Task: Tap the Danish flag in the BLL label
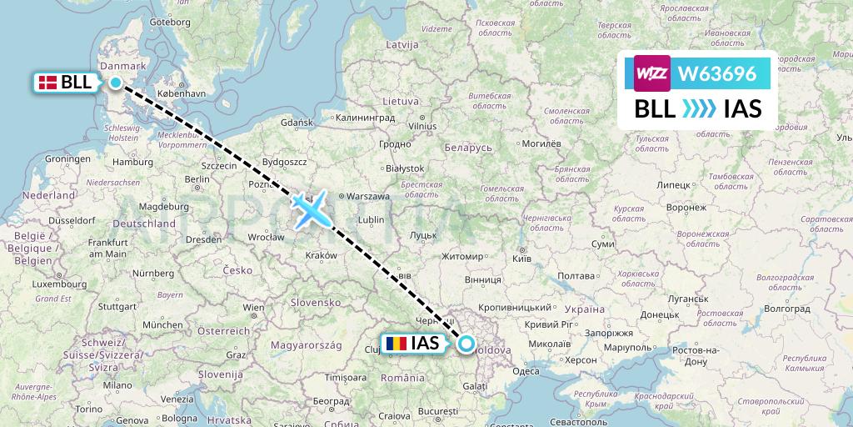tap(48, 82)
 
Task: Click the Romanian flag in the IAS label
tap(397, 343)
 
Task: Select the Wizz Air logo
tap(652, 73)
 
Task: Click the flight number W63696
tap(717, 74)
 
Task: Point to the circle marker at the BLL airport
tap(116, 82)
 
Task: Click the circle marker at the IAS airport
tap(466, 343)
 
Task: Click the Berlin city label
tap(197, 178)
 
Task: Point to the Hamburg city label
tap(134, 162)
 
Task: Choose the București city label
tap(439, 411)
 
